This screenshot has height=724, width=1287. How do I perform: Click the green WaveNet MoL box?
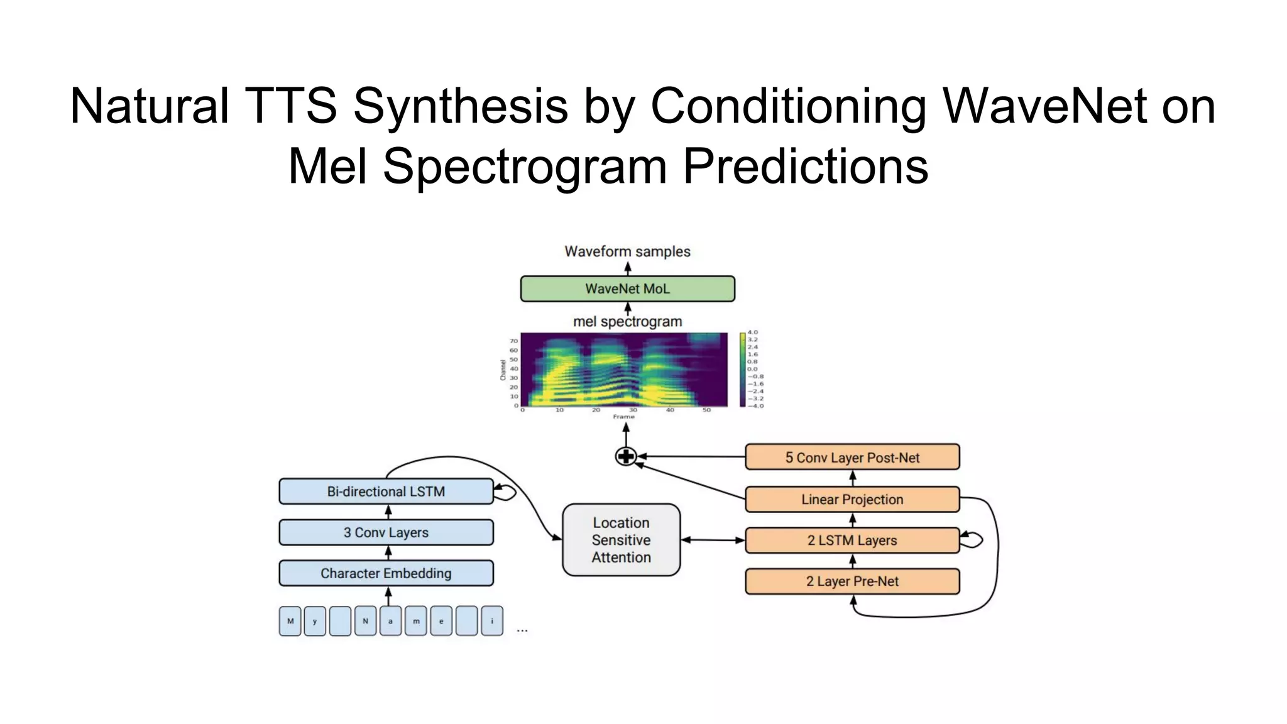[x=627, y=288]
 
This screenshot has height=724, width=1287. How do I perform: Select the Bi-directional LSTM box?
[x=386, y=491]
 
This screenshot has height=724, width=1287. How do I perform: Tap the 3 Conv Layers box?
[x=386, y=532]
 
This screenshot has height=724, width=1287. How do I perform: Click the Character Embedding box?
[x=386, y=573]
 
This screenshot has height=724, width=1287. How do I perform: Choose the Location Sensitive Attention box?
[x=621, y=540]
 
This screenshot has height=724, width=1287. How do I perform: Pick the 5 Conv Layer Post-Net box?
[x=852, y=458]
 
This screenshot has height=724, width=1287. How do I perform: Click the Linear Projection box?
[x=852, y=499]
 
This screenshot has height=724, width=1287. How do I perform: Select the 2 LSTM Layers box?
[x=852, y=540]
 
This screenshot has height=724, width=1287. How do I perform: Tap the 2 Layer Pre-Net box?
[x=852, y=581]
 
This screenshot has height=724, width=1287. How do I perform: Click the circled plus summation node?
[x=626, y=456]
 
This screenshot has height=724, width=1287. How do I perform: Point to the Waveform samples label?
[x=627, y=251]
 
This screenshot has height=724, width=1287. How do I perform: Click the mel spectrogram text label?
[x=627, y=322]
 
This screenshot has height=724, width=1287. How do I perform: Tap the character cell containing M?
[x=290, y=621]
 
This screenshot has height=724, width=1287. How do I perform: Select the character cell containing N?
[x=365, y=621]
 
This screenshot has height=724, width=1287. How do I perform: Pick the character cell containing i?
[x=492, y=621]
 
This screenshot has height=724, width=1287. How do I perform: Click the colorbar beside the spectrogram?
[x=743, y=370]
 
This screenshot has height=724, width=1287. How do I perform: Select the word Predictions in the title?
[x=805, y=166]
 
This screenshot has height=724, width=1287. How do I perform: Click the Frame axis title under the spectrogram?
[x=624, y=417]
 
